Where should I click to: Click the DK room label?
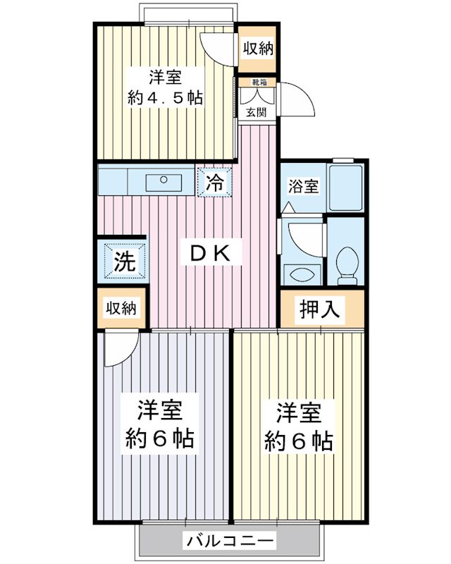(211, 255)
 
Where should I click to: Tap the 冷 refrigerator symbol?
(215, 183)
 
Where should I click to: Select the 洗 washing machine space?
(125, 261)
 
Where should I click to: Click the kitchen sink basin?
(163, 183)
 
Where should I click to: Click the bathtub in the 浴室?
(346, 188)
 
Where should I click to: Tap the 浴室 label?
(303, 186)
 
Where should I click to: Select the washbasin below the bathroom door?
(302, 274)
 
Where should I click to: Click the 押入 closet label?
(319, 309)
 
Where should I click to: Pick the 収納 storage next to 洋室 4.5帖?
(257, 49)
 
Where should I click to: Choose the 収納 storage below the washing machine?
(121, 308)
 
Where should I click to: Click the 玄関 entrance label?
(256, 112)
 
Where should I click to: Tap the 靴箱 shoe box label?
(259, 82)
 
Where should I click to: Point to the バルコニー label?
(230, 541)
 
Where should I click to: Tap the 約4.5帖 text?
(166, 97)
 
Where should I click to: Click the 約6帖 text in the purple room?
(160, 439)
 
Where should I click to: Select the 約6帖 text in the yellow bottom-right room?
(298, 441)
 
